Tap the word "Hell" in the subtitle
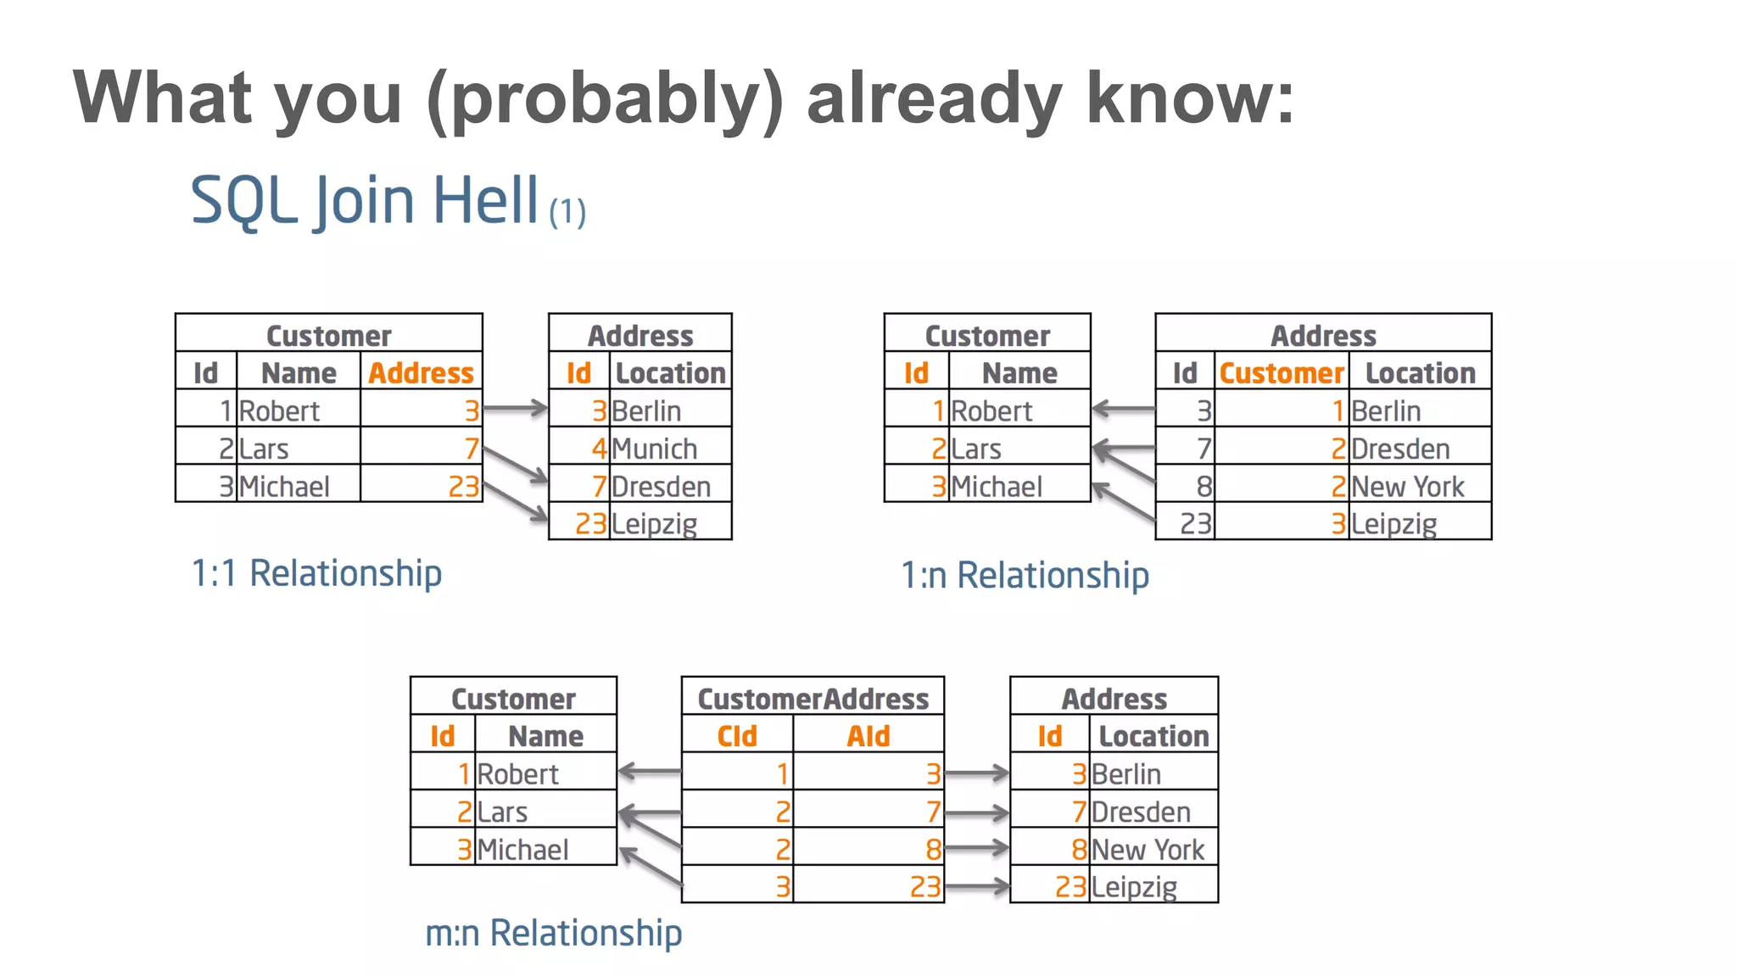(x=485, y=200)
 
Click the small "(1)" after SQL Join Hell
(x=567, y=212)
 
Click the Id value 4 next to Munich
(x=599, y=449)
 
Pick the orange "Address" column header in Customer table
(x=421, y=373)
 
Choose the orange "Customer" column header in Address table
(x=1281, y=373)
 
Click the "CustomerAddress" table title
(x=813, y=699)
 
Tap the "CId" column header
(x=736, y=736)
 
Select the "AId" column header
(x=868, y=736)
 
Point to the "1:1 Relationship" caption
(x=316, y=573)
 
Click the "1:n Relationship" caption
(x=1025, y=576)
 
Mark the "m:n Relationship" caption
(x=553, y=933)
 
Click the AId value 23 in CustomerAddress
(x=924, y=887)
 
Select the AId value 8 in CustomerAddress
(x=933, y=850)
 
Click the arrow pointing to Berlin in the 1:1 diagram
(x=515, y=409)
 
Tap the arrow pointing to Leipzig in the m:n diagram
(x=976, y=887)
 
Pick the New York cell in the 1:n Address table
(x=1407, y=487)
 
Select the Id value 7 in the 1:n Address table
(x=1204, y=449)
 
